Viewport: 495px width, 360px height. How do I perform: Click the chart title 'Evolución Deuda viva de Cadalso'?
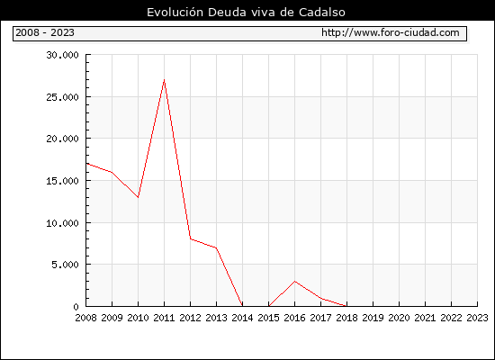[246, 13]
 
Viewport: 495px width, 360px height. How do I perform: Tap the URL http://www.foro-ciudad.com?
[391, 32]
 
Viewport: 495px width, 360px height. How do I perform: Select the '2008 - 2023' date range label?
[45, 32]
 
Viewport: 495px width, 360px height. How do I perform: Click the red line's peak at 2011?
[164, 79]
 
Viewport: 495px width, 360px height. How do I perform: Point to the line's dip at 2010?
[138, 197]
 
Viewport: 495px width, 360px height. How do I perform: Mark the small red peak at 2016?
[295, 281]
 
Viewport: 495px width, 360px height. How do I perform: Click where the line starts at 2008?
[86, 163]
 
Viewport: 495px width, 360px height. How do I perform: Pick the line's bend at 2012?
[191, 239]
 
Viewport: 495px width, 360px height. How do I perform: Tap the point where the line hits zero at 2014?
[242, 306]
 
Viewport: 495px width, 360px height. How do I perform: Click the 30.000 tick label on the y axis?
[62, 55]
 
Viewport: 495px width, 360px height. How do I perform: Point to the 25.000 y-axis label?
[62, 97]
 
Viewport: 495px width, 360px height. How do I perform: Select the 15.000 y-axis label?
[62, 181]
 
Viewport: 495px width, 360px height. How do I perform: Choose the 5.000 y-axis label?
[65, 265]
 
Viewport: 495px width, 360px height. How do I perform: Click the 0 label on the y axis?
[76, 307]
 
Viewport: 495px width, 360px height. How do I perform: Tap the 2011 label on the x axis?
[164, 318]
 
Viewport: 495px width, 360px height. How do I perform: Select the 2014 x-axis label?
[242, 318]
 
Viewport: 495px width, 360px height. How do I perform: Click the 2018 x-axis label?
[346, 318]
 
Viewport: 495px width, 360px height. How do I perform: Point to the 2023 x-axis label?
[477, 318]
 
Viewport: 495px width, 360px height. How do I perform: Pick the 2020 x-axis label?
[399, 318]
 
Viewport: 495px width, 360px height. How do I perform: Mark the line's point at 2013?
[216, 247]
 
